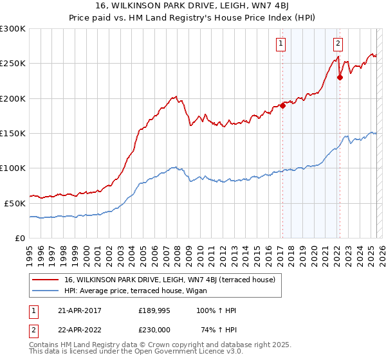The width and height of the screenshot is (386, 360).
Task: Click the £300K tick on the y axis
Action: click(x=13, y=29)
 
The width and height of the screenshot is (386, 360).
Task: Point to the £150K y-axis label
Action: click(x=13, y=133)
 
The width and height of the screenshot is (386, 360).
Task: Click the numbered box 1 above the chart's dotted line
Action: click(x=282, y=44)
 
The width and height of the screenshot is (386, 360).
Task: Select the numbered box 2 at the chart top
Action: click(x=338, y=44)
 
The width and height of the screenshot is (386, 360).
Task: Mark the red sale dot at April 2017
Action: click(x=282, y=106)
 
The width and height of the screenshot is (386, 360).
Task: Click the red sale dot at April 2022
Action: click(x=339, y=78)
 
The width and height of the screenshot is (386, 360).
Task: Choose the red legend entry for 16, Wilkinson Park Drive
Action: click(x=170, y=280)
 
